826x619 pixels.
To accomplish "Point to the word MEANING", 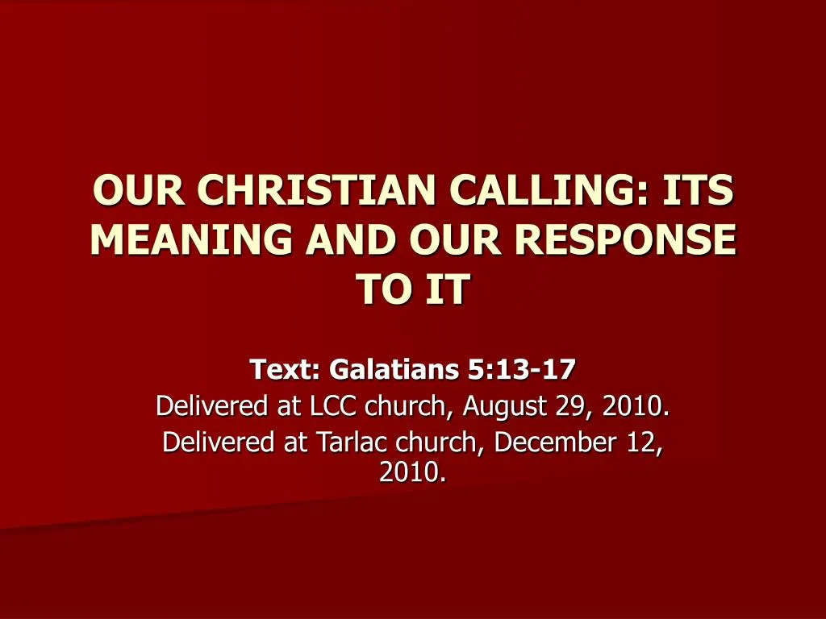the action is pyautogui.click(x=191, y=239).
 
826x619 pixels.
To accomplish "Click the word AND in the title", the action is pyautogui.click(x=350, y=239).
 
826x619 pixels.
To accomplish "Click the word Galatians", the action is pyautogui.click(x=394, y=368).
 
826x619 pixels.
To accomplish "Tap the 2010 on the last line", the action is pyautogui.click(x=409, y=472).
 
